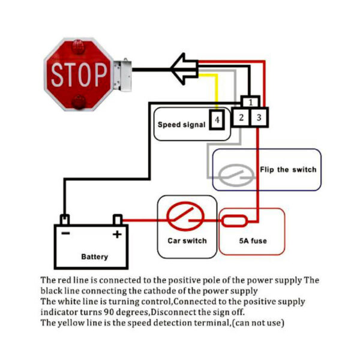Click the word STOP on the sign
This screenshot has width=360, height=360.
79,74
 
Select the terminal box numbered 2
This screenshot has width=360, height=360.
241,118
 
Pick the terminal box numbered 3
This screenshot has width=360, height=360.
259,118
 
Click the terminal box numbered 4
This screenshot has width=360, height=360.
217,121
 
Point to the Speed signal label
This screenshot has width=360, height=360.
181,125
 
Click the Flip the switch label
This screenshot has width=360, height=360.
288,169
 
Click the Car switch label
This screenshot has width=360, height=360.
187,241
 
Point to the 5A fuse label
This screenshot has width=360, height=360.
252,241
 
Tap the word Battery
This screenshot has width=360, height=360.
94,257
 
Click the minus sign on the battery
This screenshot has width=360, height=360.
65,233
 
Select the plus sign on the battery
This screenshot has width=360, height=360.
117,234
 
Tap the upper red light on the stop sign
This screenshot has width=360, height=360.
78,47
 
